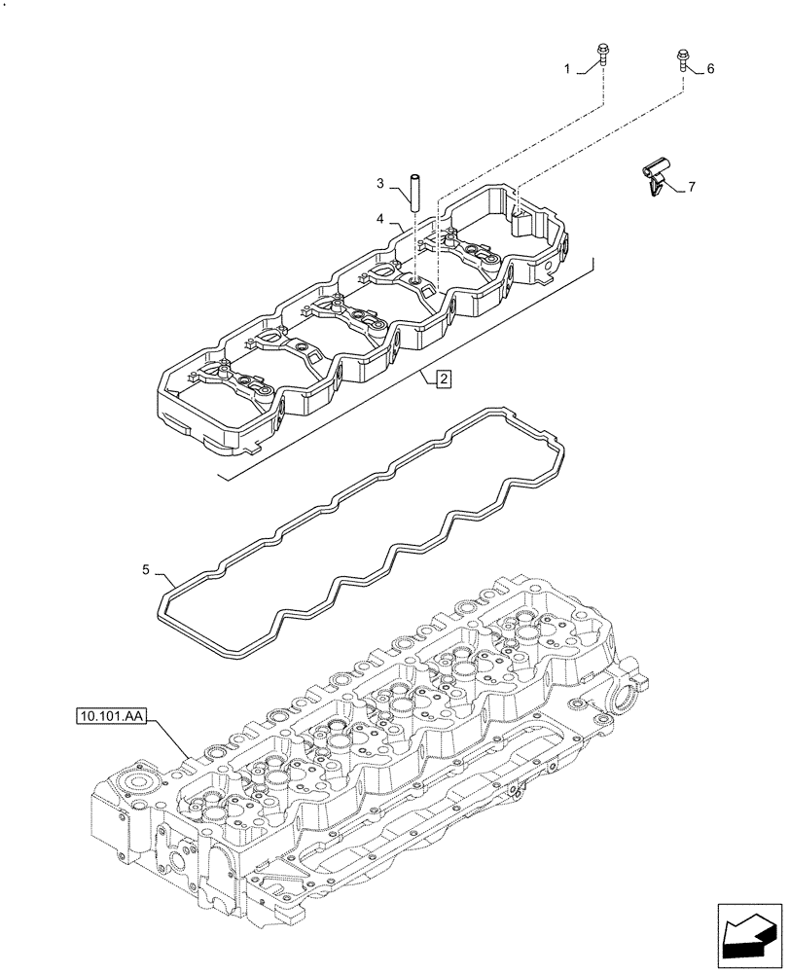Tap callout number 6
click(710, 68)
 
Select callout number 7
click(692, 186)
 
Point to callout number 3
click(382, 182)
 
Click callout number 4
click(382, 217)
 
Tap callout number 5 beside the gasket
click(145, 570)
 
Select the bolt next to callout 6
click(682, 59)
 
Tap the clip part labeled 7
click(654, 178)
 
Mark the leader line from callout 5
click(161, 576)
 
